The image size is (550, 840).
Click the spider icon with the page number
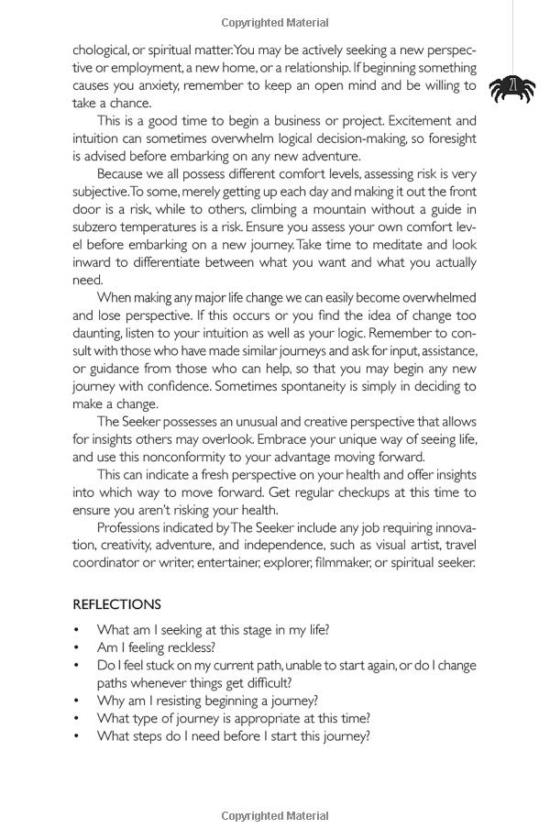[511, 89]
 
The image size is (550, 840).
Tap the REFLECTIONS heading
[116, 604]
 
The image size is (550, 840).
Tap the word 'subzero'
[96, 227]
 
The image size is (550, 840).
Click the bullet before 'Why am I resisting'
[77, 701]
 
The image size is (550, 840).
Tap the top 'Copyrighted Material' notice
[275, 23]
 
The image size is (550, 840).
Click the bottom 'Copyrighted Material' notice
[275, 815]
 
